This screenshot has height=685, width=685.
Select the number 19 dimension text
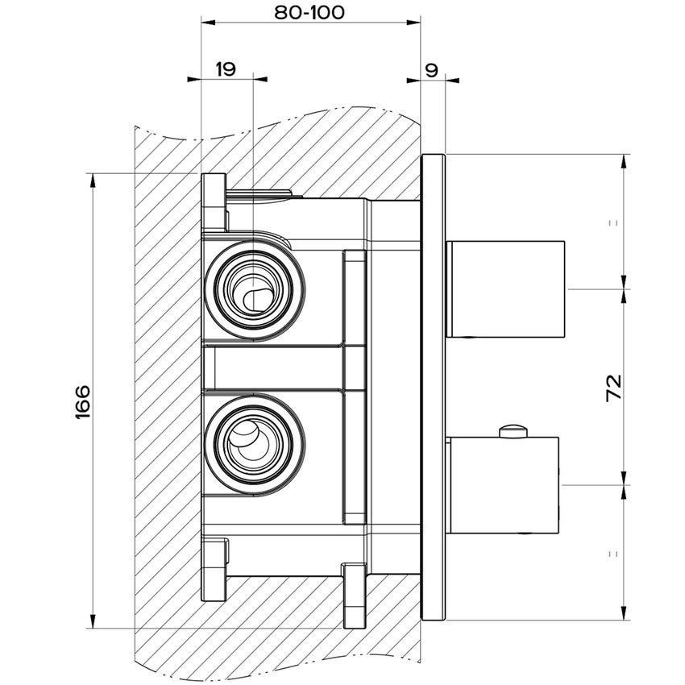(226, 69)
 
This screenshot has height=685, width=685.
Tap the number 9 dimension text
(432, 69)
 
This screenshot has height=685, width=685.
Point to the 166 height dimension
(83, 401)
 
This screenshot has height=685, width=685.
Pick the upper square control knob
(507, 288)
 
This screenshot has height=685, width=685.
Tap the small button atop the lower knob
(513, 431)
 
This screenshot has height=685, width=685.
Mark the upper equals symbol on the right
(615, 222)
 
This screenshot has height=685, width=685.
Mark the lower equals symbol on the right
(615, 553)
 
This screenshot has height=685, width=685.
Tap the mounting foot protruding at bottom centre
(354, 596)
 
